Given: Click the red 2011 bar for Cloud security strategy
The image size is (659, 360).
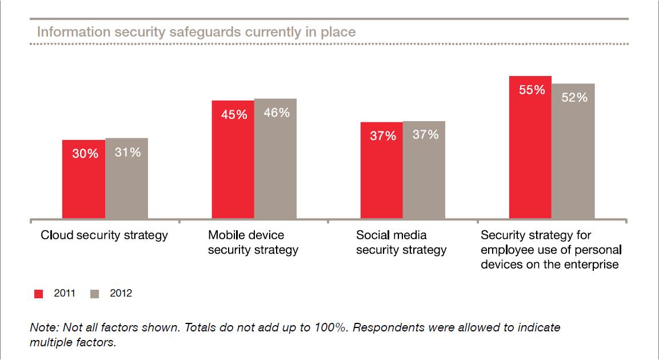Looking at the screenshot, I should (x=83, y=179).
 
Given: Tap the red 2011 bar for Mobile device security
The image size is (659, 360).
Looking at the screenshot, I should (x=233, y=160).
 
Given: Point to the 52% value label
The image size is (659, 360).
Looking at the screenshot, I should (x=574, y=98).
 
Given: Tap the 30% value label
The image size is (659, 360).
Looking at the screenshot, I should (x=85, y=154).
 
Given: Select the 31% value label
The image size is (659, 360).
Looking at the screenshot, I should (x=127, y=153).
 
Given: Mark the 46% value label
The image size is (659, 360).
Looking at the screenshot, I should (x=276, y=113).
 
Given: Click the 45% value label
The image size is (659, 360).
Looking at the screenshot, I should (x=234, y=114).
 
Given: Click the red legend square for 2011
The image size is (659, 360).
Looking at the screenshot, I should (x=39, y=294).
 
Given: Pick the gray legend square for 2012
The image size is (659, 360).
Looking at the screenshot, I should (x=95, y=294).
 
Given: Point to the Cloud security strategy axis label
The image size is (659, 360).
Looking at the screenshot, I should (x=104, y=235).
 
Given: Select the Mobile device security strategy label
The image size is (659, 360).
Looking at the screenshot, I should (x=253, y=242).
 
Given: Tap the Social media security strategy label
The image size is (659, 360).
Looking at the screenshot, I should (x=401, y=242).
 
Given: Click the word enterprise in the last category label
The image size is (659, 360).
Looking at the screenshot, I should (x=593, y=265).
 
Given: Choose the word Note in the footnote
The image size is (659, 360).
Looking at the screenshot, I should (x=42, y=328).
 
